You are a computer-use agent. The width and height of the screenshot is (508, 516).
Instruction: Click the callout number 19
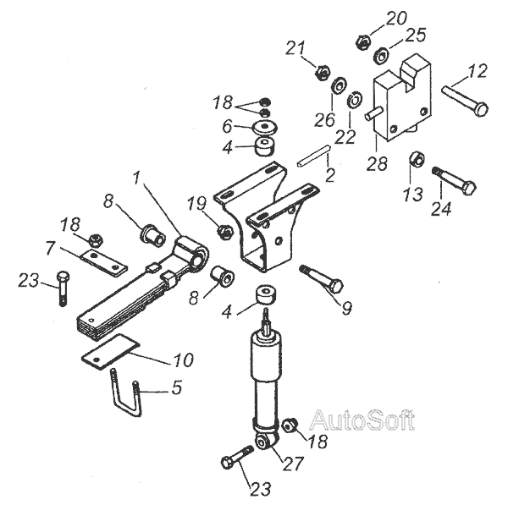click(x=196, y=204)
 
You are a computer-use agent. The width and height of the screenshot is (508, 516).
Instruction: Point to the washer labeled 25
click(x=380, y=56)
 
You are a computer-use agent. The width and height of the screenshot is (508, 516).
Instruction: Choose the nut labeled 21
click(x=321, y=73)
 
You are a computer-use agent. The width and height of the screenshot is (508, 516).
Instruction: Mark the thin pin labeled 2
click(x=313, y=157)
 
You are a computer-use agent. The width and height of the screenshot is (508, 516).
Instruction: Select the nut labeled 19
click(x=225, y=230)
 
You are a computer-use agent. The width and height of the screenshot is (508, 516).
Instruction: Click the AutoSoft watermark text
click(x=362, y=420)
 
